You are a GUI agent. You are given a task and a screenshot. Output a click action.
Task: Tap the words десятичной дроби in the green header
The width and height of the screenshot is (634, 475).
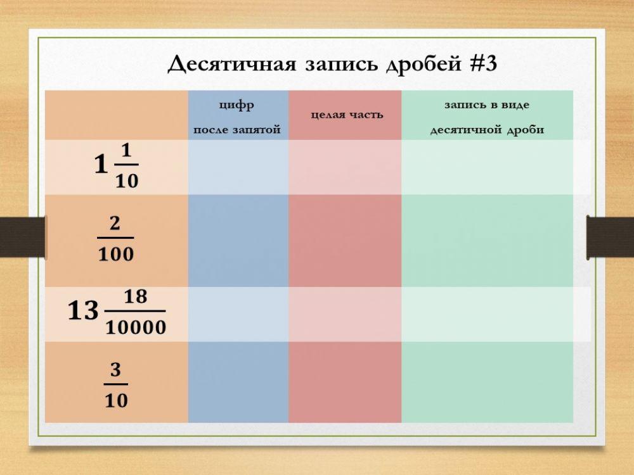click(x=487, y=130)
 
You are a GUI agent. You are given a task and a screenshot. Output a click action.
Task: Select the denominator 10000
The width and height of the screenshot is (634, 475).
click(x=135, y=327)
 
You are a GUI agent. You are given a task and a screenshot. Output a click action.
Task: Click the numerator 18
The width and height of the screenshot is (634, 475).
click(x=135, y=296)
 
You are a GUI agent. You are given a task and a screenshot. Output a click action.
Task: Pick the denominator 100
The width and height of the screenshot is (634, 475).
click(x=115, y=255)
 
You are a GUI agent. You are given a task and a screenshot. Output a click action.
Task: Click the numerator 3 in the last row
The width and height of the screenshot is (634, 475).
click(x=115, y=370)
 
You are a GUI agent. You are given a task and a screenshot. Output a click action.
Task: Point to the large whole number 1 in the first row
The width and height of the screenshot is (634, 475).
click(x=100, y=166)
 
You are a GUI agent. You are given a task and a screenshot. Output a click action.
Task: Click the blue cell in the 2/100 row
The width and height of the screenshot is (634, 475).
click(x=238, y=241)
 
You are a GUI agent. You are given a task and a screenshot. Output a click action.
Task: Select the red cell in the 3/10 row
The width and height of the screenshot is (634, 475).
click(x=345, y=382)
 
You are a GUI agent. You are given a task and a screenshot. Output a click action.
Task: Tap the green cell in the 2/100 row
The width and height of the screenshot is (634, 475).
click(x=487, y=241)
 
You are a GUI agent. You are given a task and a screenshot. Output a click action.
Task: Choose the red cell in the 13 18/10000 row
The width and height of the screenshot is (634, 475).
click(x=345, y=314)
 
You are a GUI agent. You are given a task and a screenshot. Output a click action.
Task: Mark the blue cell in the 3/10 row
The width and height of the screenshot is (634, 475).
click(x=238, y=382)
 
